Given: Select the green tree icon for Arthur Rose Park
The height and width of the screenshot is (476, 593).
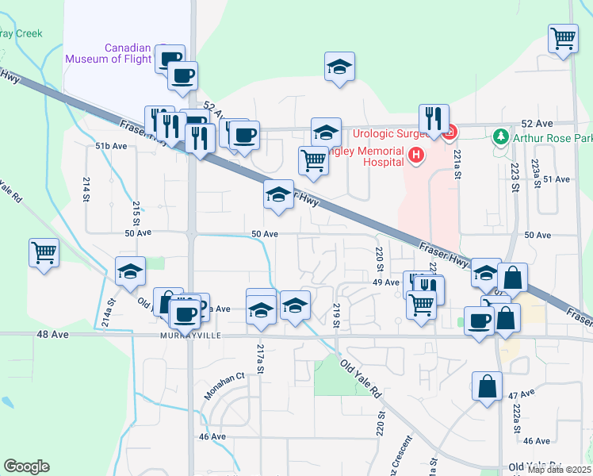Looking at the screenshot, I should [x=500, y=136].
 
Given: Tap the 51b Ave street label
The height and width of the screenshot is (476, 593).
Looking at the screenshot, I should [x=111, y=146].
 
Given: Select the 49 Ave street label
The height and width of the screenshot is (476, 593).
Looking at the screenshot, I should [x=385, y=282].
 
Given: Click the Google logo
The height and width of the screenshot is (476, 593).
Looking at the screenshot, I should [x=26, y=466].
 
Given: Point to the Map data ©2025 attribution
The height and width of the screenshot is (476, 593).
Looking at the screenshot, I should [x=559, y=470].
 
